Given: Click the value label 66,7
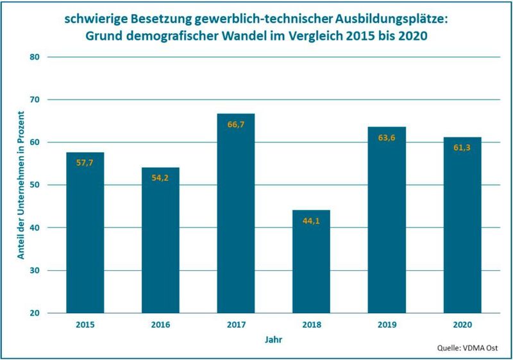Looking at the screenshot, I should coord(236,124).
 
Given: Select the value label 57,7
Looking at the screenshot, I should coord(85,163).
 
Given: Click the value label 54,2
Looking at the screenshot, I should coord(160,178).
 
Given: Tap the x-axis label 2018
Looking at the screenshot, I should coord(311,325).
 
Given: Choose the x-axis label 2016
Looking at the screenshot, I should coord(160,325).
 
